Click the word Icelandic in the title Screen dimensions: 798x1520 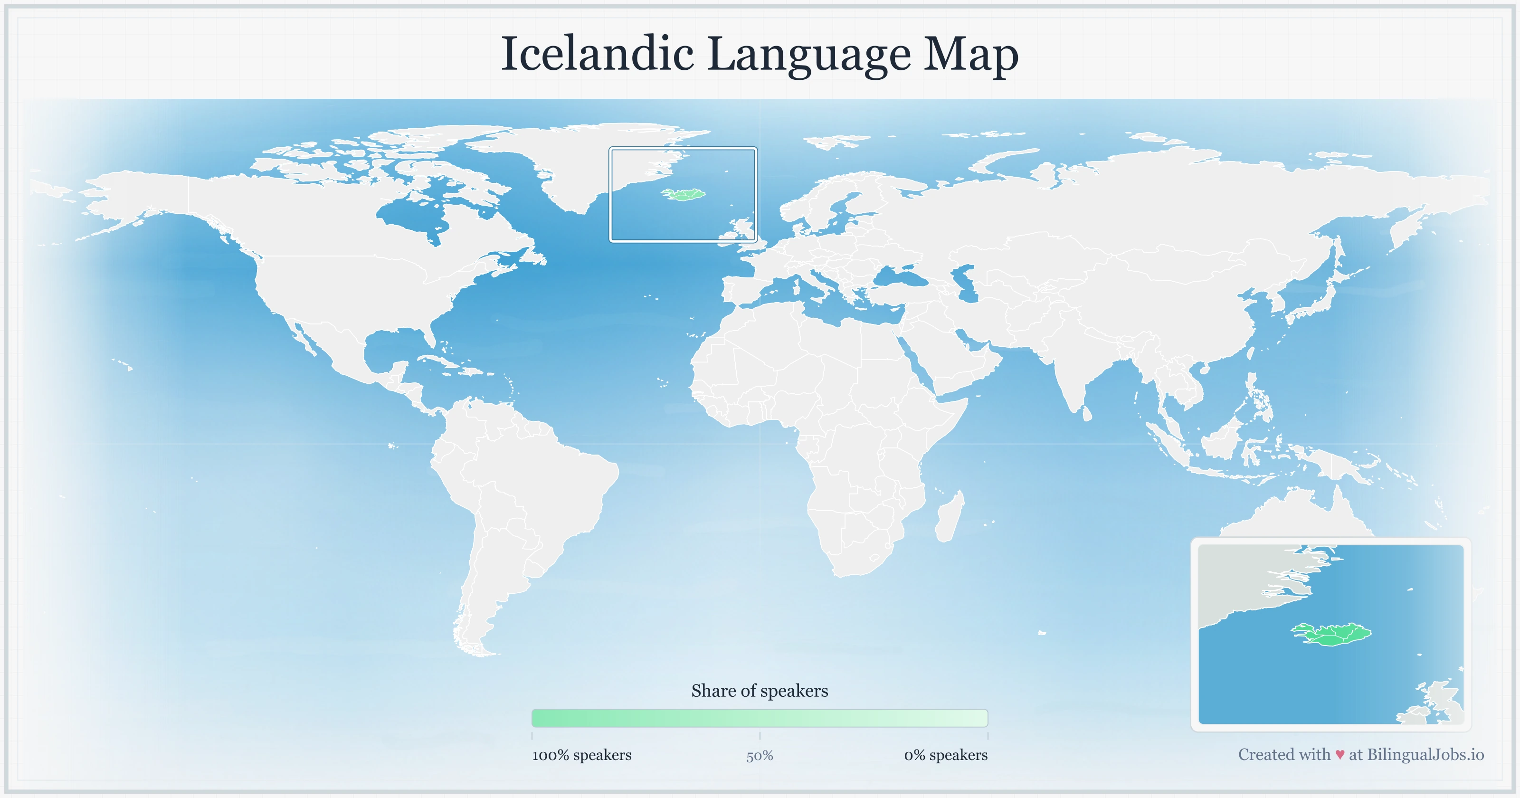coord(597,54)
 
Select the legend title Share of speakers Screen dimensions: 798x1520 coord(760,691)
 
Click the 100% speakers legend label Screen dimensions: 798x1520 coord(581,755)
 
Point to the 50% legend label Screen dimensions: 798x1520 coord(760,756)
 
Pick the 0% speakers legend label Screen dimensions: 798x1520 coord(945,755)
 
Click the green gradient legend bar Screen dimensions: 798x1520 coord(760,718)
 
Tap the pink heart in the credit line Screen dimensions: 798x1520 coord(1339,755)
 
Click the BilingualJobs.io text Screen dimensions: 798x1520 coord(1425,754)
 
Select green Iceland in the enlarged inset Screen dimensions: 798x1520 coord(1333,635)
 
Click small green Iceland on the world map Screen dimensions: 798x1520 coord(684,194)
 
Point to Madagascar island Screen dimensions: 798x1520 coord(950,516)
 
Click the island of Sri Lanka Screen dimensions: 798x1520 coord(1087,413)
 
